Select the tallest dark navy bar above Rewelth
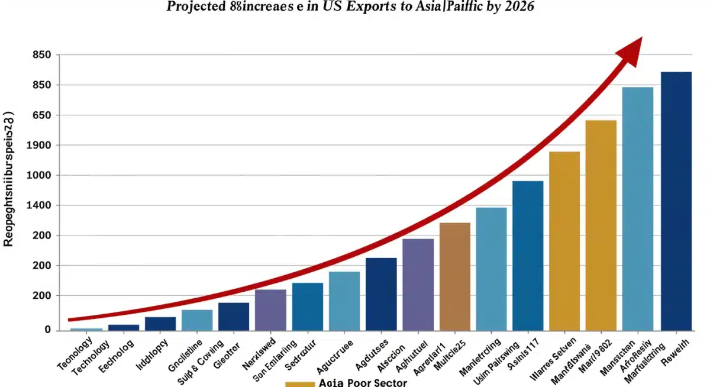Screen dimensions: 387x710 tap(676, 201)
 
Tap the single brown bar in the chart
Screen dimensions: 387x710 tap(454, 276)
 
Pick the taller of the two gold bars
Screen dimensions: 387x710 tap(601, 225)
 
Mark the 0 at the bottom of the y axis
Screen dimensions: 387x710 tap(47, 330)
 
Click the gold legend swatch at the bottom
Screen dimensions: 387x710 tap(299, 383)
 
